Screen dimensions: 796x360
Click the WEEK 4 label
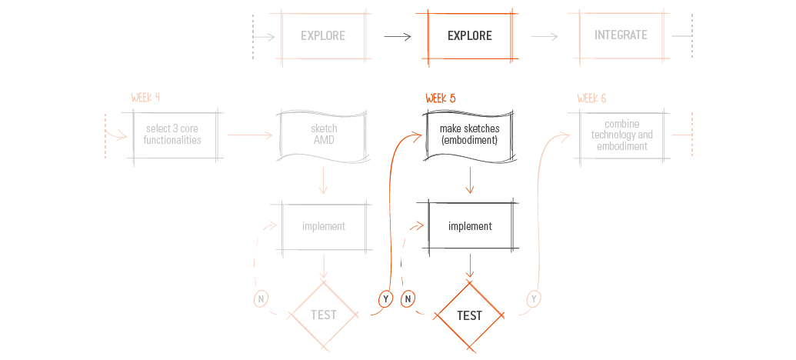(x=145, y=98)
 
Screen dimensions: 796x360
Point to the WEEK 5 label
(x=440, y=98)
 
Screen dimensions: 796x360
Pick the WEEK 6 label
(x=591, y=98)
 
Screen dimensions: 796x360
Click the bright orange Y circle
(x=386, y=299)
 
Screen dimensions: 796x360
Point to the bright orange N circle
(x=407, y=299)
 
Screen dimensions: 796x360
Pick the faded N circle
(x=261, y=299)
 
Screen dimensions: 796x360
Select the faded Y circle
(x=534, y=298)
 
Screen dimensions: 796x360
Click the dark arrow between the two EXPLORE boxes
(x=397, y=37)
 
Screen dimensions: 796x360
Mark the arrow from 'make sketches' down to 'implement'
(x=470, y=180)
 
